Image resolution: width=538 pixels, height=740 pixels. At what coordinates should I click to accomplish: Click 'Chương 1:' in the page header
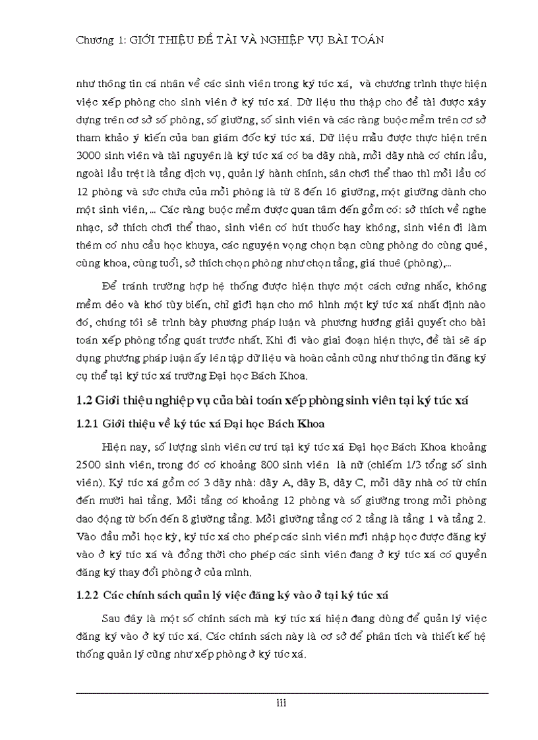[97, 40]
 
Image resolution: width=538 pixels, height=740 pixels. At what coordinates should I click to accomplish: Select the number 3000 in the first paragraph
[90, 159]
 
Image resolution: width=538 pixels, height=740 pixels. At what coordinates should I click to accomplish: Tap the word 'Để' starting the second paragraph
[109, 285]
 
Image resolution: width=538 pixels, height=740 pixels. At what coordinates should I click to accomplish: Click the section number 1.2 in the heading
[84, 402]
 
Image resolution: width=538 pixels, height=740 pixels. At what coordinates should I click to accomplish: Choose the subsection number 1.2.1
[88, 424]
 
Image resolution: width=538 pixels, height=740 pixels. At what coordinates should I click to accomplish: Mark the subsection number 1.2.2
[88, 595]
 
